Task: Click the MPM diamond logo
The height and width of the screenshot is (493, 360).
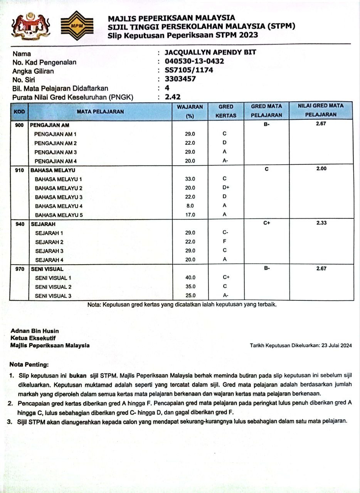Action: click(x=77, y=26)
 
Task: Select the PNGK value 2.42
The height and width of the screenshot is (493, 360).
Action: click(x=173, y=97)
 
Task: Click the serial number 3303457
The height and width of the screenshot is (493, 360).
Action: click(x=180, y=79)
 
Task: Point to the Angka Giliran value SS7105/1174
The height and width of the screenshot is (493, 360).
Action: click(x=189, y=70)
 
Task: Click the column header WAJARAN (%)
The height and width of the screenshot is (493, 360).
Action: click(x=190, y=110)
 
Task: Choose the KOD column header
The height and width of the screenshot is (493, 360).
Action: click(x=19, y=111)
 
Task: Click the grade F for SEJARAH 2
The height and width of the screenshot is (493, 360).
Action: click(x=224, y=241)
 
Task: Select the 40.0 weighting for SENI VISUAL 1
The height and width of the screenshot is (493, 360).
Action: click(x=190, y=278)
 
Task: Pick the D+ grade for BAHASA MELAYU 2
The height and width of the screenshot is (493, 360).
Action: click(x=226, y=188)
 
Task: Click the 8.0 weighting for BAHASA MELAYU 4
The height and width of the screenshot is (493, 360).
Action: click(x=190, y=206)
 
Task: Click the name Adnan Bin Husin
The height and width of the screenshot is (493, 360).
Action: click(x=35, y=331)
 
